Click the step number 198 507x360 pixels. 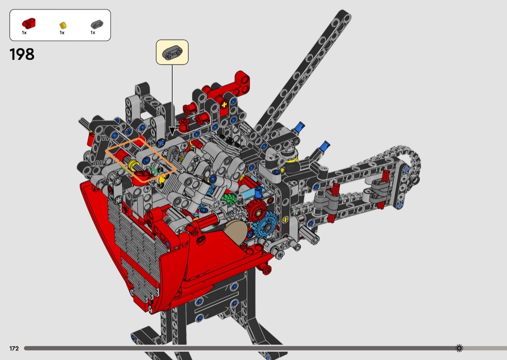22,55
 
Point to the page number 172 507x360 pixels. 14,348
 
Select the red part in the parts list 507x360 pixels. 28,23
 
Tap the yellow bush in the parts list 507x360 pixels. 63,25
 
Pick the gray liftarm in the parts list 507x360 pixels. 97,24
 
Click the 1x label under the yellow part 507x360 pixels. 62,33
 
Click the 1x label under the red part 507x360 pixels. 24,33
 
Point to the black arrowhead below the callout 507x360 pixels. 172,131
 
